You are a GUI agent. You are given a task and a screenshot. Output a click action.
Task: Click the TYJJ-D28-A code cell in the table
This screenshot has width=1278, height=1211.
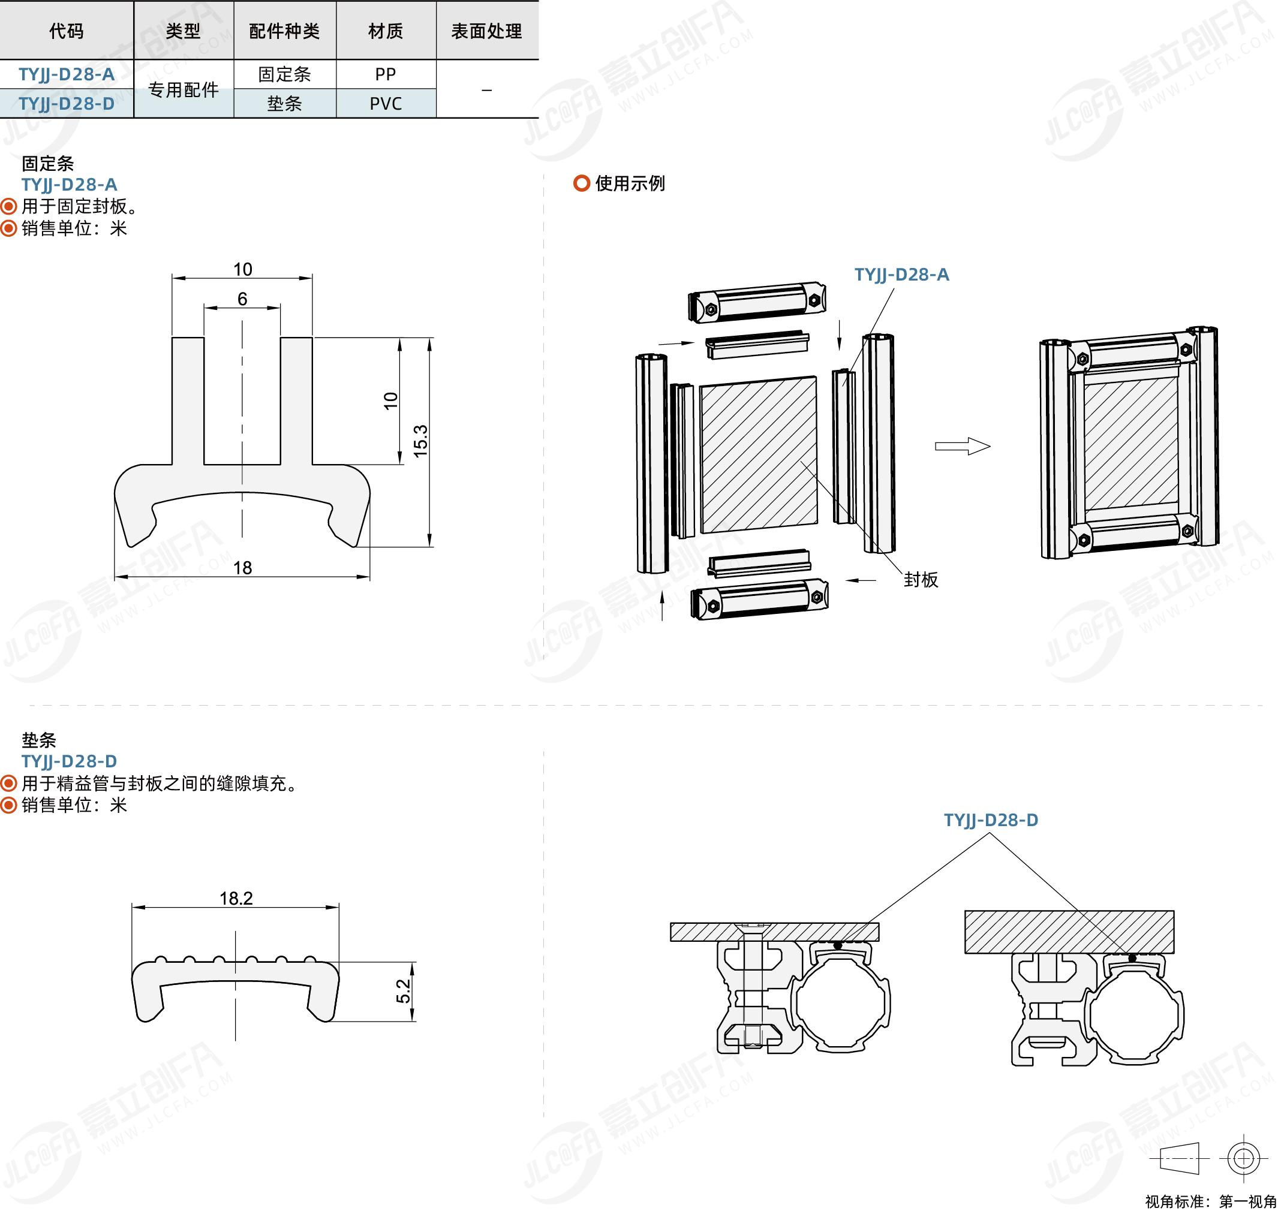67,74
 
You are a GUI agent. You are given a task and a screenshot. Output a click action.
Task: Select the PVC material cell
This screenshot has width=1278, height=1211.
386,103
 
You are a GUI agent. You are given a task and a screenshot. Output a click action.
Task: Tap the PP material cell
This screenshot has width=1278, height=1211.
386,74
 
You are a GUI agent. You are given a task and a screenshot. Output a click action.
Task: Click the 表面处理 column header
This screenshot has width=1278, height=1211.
486,31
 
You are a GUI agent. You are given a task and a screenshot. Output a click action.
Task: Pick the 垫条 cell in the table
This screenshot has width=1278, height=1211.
284,103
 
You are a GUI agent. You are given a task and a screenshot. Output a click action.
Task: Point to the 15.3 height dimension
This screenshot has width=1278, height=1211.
420,441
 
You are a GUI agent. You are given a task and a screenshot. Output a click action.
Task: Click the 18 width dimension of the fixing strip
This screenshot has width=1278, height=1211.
242,567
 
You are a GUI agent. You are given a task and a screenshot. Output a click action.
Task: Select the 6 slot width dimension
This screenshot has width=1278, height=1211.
242,299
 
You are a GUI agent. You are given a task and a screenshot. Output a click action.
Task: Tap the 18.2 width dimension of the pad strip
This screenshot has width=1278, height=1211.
236,898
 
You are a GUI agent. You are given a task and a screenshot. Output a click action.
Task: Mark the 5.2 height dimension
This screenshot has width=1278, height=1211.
403,991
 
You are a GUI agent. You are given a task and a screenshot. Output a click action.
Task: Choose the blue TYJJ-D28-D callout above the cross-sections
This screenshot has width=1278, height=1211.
991,820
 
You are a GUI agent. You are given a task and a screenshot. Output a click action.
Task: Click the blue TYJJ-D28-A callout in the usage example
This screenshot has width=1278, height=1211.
901,275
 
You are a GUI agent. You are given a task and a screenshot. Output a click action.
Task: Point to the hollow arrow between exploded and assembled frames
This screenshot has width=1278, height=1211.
962,446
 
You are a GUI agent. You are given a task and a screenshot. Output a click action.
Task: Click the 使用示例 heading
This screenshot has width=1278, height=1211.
629,183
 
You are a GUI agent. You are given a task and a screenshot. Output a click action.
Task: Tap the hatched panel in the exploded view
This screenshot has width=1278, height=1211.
759,455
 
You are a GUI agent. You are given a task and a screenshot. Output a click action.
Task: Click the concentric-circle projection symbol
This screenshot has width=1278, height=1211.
1243,1159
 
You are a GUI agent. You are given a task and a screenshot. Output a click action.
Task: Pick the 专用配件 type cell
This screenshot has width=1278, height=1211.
184,90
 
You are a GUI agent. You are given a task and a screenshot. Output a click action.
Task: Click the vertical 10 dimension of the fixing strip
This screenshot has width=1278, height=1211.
390,400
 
